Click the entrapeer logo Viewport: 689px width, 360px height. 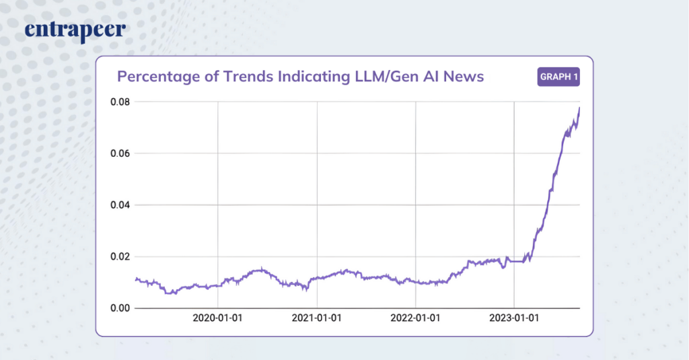click(75, 31)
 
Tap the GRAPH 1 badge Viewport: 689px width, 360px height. click(559, 77)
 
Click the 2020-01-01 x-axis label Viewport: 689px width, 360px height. click(218, 318)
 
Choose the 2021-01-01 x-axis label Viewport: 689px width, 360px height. click(317, 318)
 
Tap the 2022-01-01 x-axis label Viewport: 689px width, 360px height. click(416, 318)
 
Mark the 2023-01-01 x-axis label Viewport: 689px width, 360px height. click(514, 318)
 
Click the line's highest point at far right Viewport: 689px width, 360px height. click(579, 108)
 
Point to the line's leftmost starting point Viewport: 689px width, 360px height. click(136, 279)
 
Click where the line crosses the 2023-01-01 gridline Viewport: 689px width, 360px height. click(514, 261)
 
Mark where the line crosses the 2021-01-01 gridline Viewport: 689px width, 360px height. click(317, 278)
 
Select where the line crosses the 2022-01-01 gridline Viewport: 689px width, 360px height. click(416, 282)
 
